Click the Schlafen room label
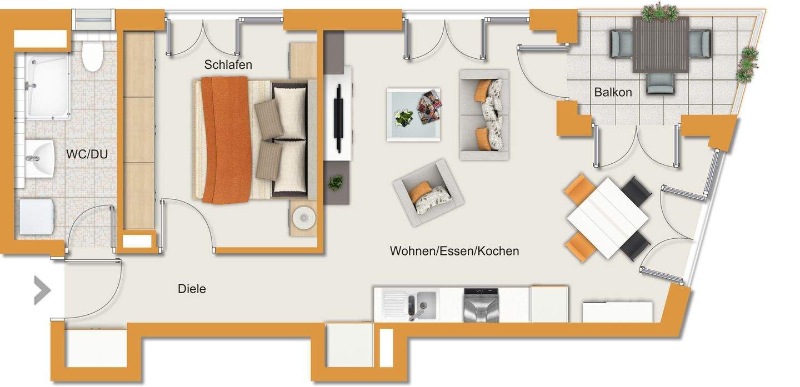pos(228,64)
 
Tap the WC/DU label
pos(87,154)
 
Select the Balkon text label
pos(613,92)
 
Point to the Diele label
pos(192,289)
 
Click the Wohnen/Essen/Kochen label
pos(454,251)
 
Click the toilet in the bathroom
pos(92,57)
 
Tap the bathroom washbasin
pos(39,159)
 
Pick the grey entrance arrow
pos(42,290)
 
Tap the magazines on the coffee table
pos(428,107)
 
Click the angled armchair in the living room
pos(428,192)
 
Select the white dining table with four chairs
pos(607,218)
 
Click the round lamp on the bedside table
pos(303,217)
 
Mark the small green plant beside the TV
pos(336,182)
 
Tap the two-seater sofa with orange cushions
pos(484,115)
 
